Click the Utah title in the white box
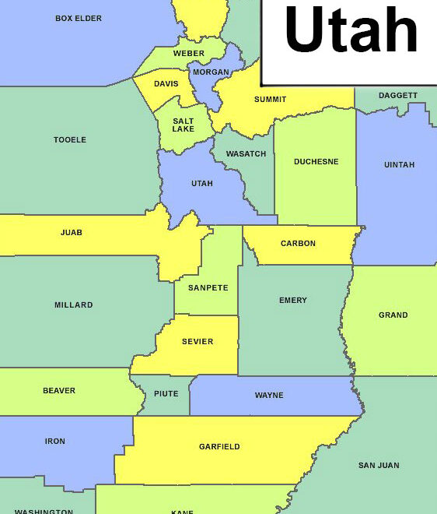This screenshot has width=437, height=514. pos(351,32)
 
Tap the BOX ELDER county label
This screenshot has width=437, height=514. pos(79,18)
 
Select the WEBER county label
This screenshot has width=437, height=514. pos(189,54)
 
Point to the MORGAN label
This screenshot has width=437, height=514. pos(211,72)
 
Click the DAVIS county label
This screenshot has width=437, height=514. pos(166,84)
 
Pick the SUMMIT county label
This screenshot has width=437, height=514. pos(270,100)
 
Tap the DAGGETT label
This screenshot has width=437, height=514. pos(397,96)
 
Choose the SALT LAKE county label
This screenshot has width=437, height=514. pos(184,125)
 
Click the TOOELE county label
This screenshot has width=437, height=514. pos(70,140)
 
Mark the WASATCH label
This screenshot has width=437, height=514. pos(246,154)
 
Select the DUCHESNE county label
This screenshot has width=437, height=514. pos(316,162)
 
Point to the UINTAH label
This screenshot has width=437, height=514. pos(399,165)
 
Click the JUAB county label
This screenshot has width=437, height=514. pos(72,233)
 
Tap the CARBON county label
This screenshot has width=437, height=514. pos(298,244)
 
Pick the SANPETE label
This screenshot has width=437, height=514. pos(208,288)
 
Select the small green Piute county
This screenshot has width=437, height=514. pos(166,395)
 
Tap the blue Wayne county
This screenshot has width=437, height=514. pos(269,396)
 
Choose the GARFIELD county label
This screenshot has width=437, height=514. pos(219,447)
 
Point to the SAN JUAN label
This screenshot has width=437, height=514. pos(379,466)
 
